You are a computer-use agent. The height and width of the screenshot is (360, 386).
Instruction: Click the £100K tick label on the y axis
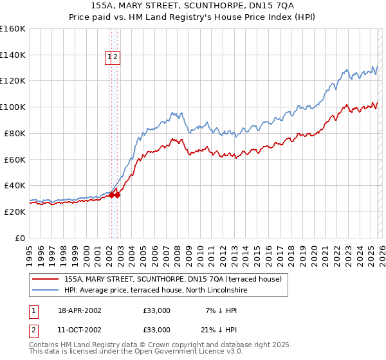pos(13,107)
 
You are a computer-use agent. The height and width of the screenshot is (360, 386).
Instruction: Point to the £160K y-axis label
pos(13,29)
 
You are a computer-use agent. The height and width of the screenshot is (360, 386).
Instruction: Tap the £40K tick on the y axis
pos(14,185)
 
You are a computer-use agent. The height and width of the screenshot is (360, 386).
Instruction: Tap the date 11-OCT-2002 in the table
pos(78,329)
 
